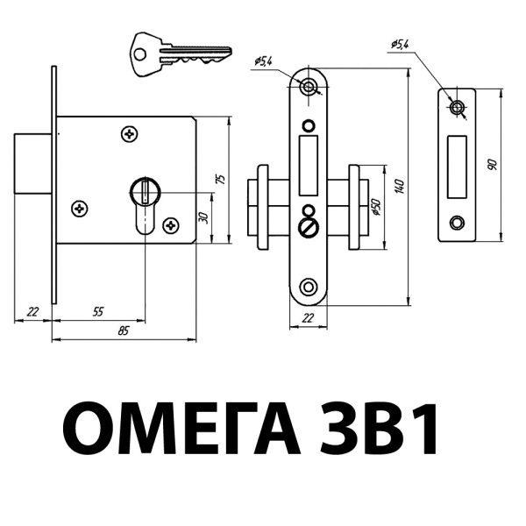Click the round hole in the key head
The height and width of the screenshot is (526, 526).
[139, 54]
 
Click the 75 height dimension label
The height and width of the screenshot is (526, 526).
[221, 179]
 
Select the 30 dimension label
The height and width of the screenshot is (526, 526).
[203, 217]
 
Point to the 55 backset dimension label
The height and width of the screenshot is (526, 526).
[98, 311]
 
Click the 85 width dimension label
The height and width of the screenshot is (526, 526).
[124, 331]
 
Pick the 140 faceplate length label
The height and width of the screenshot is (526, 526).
[400, 187]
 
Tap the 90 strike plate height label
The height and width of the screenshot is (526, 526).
[492, 165]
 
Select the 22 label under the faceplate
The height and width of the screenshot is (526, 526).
[308, 317]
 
